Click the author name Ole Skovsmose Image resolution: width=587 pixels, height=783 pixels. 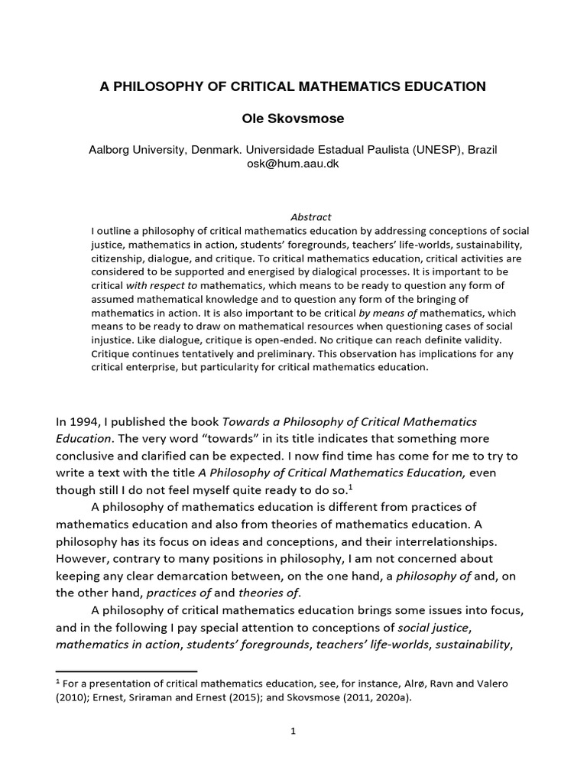coord(293,119)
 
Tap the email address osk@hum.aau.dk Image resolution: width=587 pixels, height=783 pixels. coord(293,164)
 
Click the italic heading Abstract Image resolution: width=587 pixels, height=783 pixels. coord(310,217)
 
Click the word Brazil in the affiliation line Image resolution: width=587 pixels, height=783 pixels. coord(482,150)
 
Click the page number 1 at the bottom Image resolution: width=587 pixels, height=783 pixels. coord(293,730)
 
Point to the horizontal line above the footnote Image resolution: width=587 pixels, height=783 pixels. coord(126,671)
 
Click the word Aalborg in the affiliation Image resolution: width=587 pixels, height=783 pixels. coord(112,150)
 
